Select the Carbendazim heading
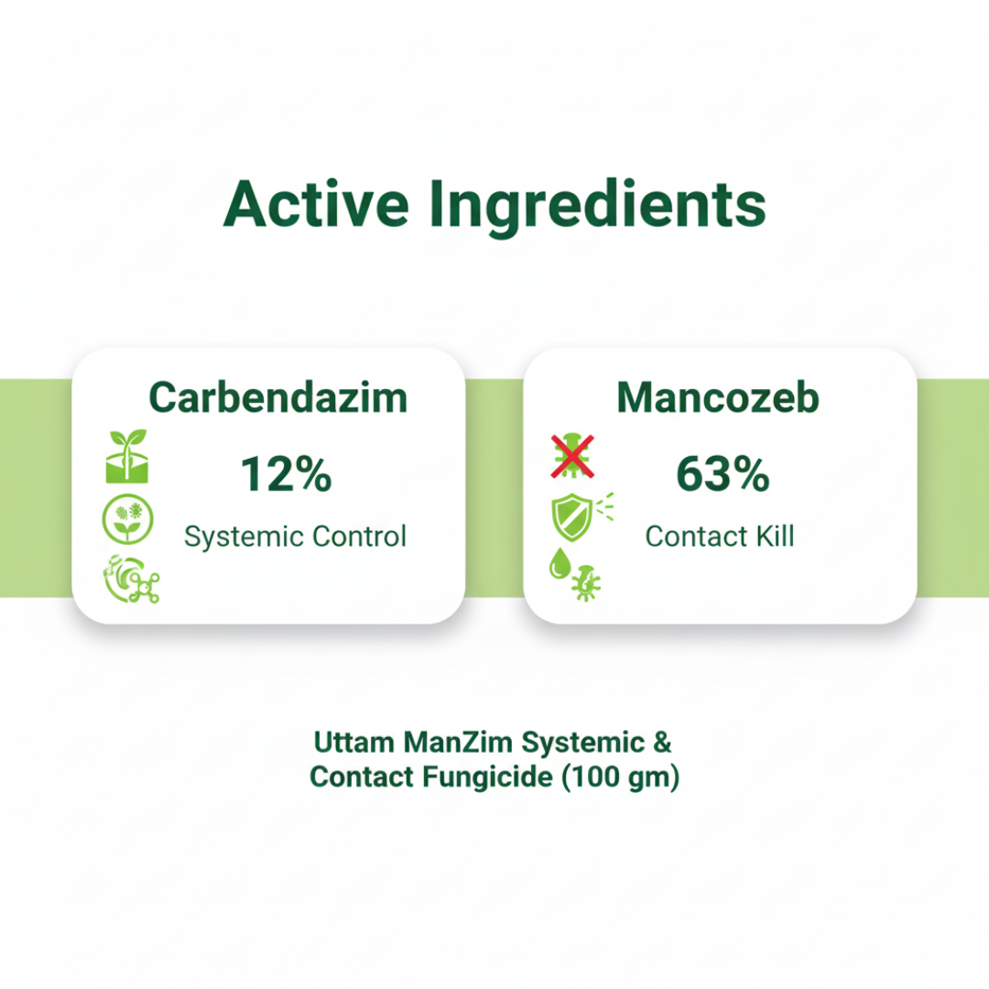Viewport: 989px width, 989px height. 278,397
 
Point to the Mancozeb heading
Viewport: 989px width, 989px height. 718,397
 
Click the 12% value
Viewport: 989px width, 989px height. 286,474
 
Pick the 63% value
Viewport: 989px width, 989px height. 723,474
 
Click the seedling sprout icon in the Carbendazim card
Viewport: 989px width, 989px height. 128,456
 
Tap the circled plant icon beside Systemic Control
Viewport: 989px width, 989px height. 128,518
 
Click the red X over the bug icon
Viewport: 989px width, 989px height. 572,456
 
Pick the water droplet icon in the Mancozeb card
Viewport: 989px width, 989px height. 558,563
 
